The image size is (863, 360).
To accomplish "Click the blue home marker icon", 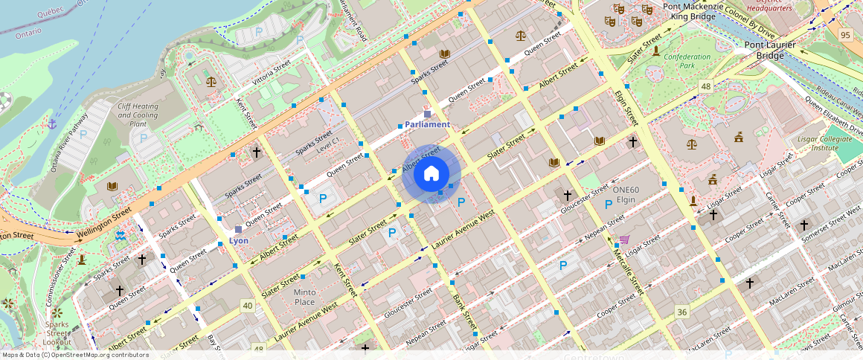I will point(431,174).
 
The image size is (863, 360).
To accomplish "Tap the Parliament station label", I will point(427,124).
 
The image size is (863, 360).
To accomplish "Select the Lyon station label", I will point(239,241).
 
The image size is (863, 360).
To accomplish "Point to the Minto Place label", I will point(304,297).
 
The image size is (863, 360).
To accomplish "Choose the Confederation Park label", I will point(687,61).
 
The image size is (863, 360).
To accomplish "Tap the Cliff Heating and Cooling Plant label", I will point(138,115).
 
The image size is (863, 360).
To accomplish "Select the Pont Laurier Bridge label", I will point(770,50).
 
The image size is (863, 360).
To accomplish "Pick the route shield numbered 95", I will point(845,35).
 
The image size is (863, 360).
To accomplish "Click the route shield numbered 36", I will point(681,310).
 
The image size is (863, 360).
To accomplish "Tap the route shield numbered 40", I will point(247,305).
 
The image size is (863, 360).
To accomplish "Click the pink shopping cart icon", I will point(624,240).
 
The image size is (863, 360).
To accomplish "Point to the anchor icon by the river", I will point(52,123).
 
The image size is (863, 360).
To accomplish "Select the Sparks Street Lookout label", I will point(57,333).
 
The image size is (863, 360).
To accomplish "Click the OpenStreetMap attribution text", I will point(76,355).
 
